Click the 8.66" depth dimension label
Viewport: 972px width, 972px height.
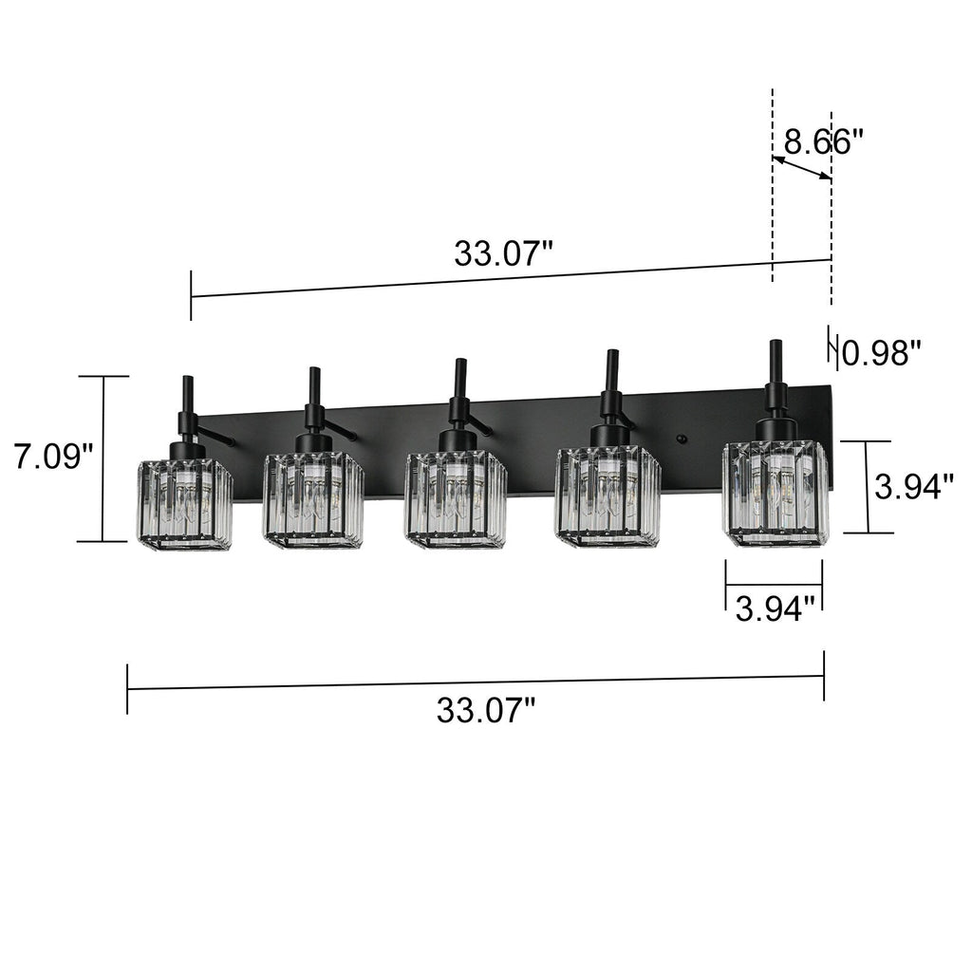pos(822,142)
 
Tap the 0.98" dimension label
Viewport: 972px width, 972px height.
pos(882,354)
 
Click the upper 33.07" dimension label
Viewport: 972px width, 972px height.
pos(502,253)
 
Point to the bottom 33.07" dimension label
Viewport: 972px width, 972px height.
pos(486,710)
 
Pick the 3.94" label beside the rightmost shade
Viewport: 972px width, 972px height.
pos(913,488)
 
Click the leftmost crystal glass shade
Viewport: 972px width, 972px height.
pos(184,504)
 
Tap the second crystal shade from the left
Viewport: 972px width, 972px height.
pos(313,499)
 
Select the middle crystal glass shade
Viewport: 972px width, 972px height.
pos(456,499)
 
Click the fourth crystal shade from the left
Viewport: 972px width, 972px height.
pos(607,495)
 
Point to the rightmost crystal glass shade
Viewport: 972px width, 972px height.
pos(776,493)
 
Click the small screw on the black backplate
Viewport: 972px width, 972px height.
pos(681,439)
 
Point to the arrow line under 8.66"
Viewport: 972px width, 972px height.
pos(802,169)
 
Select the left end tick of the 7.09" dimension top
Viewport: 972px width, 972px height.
pos(103,377)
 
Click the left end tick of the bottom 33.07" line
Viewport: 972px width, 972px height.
pos(127,689)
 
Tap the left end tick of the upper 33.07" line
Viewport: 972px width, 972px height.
pos(191,295)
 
